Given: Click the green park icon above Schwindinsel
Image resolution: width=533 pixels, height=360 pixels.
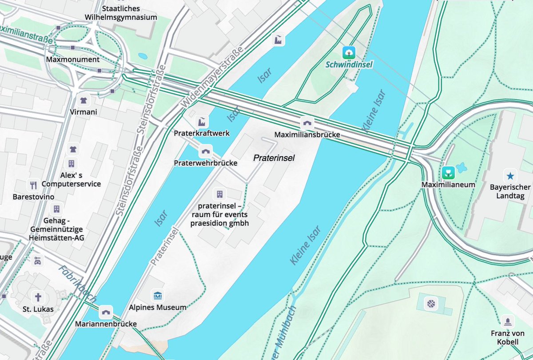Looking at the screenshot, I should pyautogui.click(x=350, y=53).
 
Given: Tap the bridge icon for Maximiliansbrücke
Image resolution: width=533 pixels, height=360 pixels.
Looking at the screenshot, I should pyautogui.click(x=307, y=123).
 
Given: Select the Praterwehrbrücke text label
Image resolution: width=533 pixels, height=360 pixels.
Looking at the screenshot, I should pyautogui.click(x=206, y=163).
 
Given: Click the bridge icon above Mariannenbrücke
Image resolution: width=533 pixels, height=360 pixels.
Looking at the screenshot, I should pyautogui.click(x=106, y=312).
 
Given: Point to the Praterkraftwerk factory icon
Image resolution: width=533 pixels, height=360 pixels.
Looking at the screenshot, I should pyautogui.click(x=201, y=121).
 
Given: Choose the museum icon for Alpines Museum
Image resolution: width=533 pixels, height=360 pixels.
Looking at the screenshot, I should pyautogui.click(x=157, y=296).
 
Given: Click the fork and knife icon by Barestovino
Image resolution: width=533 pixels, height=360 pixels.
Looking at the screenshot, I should pyautogui.click(x=33, y=185).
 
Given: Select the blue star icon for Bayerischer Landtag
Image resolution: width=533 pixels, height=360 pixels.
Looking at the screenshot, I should pyautogui.click(x=509, y=175).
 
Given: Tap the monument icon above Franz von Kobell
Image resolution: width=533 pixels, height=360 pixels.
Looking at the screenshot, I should pyautogui.click(x=507, y=321).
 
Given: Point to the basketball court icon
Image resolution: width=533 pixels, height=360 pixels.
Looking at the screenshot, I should pyautogui.click(x=431, y=304).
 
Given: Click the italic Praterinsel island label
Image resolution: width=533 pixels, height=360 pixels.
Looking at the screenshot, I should pyautogui.click(x=274, y=158).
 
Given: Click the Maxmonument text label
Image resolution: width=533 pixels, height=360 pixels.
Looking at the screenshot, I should pyautogui.click(x=72, y=59).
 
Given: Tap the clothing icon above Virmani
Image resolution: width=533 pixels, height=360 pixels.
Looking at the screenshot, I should pyautogui.click(x=83, y=99).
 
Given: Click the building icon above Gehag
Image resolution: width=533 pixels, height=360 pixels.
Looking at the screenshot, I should pyautogui.click(x=56, y=209).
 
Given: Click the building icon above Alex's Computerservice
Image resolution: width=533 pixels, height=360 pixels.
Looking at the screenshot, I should pyautogui.click(x=71, y=163).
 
